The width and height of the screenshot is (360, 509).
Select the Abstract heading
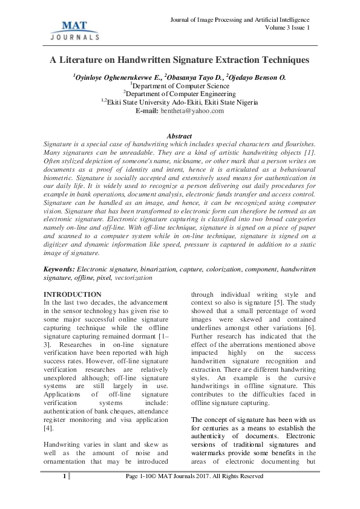179,136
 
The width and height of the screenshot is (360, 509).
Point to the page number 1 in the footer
64,494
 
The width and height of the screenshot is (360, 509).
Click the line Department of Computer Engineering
180,94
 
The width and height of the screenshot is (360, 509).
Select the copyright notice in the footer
194,494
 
